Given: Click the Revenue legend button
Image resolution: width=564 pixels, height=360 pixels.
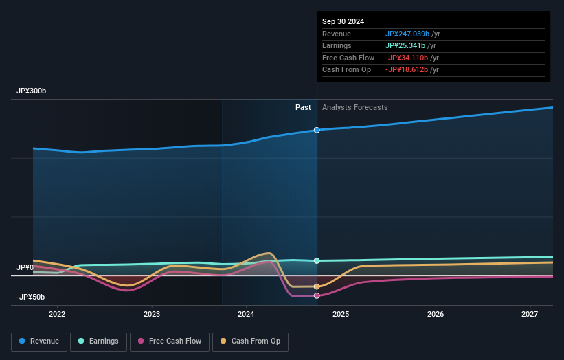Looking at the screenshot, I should coord(40,341).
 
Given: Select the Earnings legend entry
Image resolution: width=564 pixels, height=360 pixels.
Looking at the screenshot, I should coord(98,341).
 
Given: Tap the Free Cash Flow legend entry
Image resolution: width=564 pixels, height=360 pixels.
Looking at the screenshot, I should coord(170,341).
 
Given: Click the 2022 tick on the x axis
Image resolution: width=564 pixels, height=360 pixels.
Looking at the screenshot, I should coord(57,315).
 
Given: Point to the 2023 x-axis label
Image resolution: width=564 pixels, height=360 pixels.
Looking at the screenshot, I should coord(152,315).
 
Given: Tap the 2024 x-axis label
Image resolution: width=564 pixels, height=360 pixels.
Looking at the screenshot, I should coord(246,315).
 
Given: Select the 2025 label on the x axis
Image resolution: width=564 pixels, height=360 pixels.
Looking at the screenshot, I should coord(341,315).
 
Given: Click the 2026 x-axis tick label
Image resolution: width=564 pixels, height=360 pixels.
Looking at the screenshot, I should coord(435,315).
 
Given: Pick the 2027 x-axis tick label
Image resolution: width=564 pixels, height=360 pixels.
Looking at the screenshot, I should coord(530,315).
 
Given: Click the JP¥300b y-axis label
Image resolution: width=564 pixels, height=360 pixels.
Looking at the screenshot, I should coord(32,91).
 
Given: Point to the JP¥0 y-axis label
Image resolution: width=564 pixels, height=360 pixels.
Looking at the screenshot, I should coord(25,267).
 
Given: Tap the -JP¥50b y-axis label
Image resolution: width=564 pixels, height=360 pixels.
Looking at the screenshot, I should coord(32,297).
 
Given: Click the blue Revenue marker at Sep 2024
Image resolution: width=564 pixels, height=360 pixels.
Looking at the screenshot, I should coord(317,130).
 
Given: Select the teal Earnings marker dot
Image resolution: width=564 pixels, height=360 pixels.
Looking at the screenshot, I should coord(317,260).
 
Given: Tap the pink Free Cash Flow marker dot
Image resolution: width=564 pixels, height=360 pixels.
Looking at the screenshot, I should coord(317,295).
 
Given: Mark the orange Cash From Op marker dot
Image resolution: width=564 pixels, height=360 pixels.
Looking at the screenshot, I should coord(317,286).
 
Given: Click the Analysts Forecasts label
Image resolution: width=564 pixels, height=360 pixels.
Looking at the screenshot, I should coord(354,107).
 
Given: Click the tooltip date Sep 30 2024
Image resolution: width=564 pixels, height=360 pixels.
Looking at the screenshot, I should coord(344,21).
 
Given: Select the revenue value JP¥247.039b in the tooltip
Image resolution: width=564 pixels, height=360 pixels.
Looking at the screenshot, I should coord(407,34).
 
